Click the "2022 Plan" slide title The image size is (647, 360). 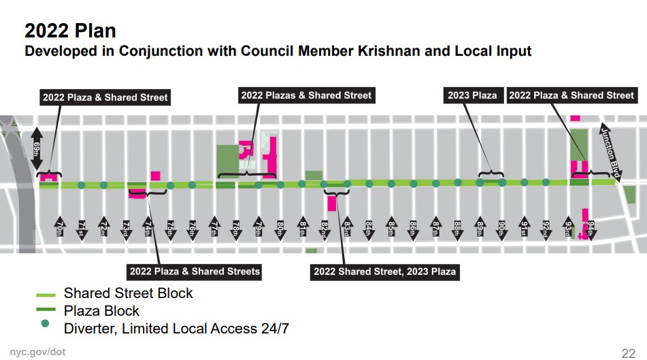[70, 31]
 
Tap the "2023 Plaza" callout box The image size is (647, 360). [472, 95]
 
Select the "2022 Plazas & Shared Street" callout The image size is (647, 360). [306, 95]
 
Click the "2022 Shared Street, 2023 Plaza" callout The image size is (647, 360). [384, 272]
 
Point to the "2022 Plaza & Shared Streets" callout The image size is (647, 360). [195, 272]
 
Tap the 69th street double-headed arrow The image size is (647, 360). [37, 147]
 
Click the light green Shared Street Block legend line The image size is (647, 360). [46, 294]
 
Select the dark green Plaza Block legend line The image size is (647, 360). [46, 312]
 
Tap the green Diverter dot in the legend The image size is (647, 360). [46, 324]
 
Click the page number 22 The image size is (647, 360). [628, 353]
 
